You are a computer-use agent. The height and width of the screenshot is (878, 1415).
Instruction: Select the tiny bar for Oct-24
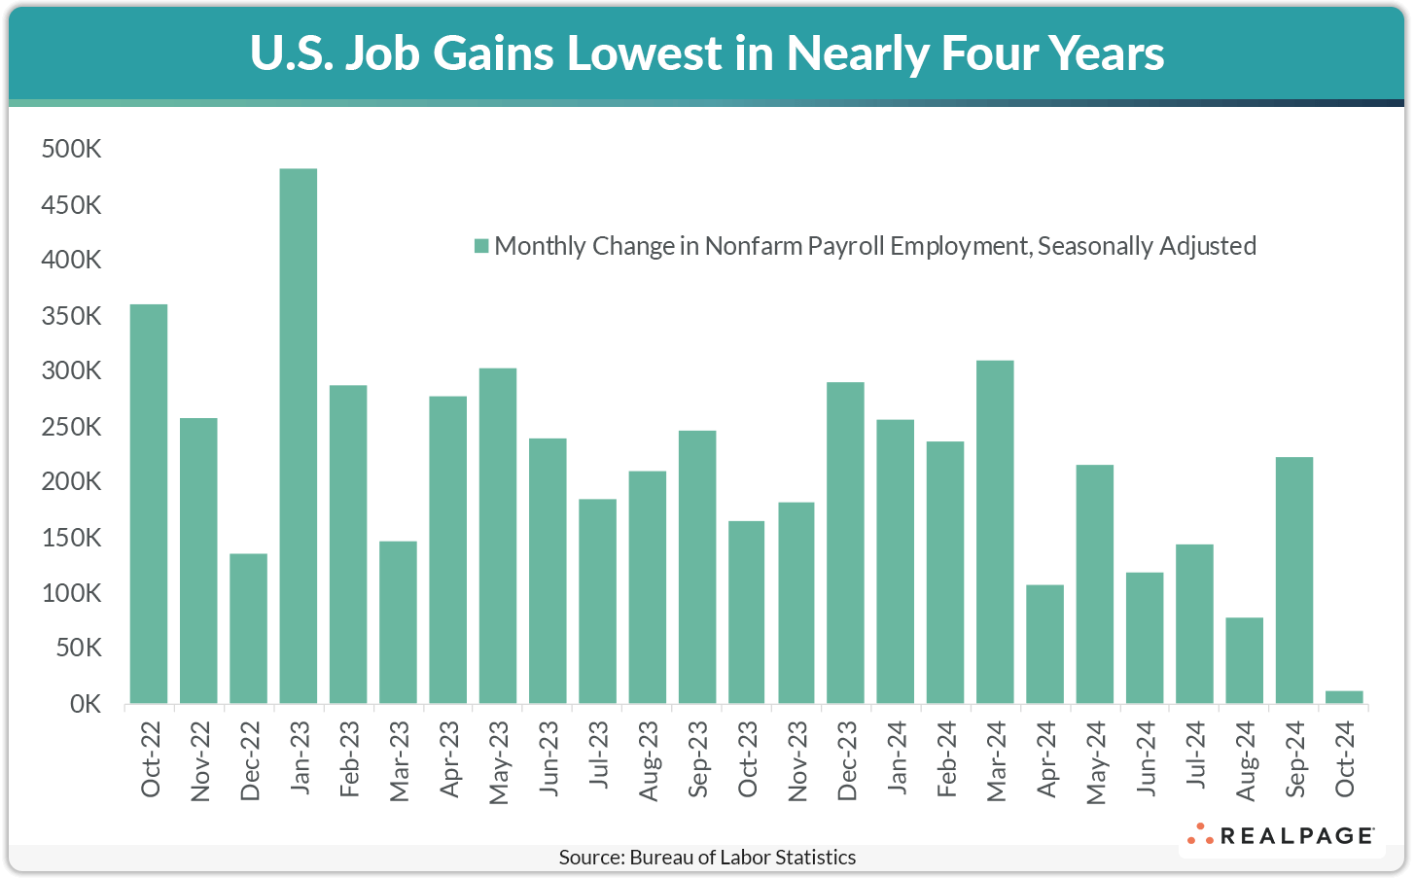(1344, 697)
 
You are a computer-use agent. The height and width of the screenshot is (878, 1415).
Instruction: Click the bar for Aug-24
(1244, 660)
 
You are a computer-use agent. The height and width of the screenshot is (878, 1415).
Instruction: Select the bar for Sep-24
(1293, 580)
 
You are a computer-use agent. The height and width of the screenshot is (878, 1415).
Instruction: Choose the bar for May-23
(497, 536)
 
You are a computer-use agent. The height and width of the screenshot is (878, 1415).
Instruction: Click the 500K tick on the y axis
(72, 150)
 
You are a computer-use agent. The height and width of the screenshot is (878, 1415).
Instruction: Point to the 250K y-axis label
(72, 427)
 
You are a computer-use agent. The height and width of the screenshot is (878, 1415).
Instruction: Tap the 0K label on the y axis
(85, 704)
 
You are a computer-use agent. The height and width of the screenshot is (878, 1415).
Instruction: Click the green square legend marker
(480, 246)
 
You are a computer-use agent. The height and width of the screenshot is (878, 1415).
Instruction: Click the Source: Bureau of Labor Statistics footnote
(707, 858)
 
